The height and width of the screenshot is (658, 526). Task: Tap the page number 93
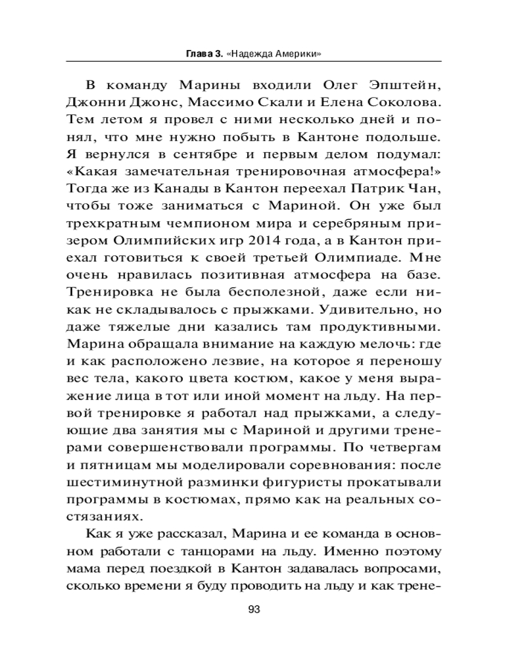coord(254,609)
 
